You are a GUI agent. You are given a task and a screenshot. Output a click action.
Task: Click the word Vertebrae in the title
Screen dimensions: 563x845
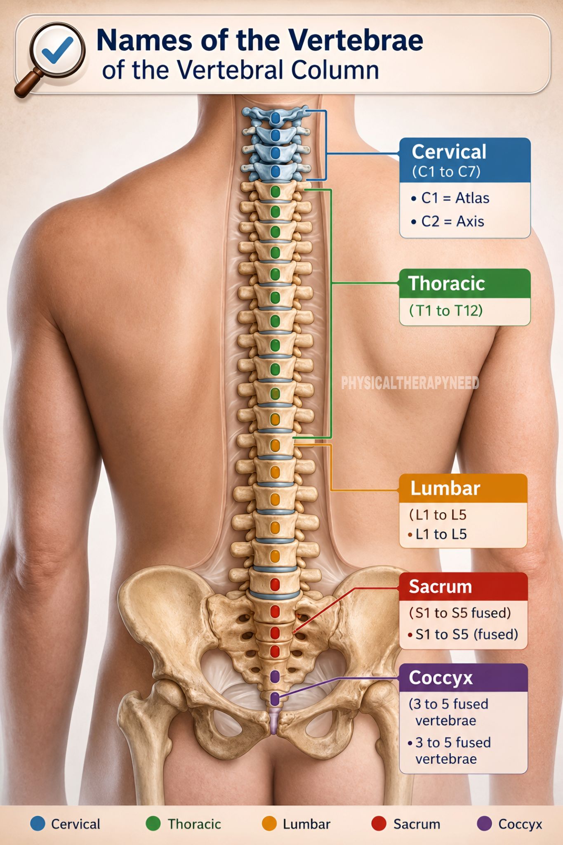tap(355, 40)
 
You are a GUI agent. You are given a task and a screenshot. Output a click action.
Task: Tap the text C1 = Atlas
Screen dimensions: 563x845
tap(450, 198)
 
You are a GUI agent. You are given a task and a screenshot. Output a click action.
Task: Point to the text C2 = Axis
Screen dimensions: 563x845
tap(448, 222)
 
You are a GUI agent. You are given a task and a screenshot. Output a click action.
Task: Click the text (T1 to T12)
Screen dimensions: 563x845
tap(446, 310)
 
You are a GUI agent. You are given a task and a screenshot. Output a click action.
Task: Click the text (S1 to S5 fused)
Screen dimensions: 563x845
tap(460, 613)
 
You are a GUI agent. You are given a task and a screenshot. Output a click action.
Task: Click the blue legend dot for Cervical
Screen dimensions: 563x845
tap(38, 824)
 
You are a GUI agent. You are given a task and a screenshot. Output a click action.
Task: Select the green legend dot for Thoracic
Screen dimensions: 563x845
tap(153, 824)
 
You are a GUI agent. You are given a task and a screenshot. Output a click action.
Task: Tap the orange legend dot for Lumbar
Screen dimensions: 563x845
tap(269, 824)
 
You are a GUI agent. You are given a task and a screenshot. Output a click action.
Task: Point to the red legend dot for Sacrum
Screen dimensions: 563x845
tap(379, 824)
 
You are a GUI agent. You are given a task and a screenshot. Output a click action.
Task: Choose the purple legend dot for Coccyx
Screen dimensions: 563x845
tap(485, 824)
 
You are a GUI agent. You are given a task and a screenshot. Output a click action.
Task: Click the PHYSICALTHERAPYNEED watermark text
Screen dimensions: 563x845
tap(410, 383)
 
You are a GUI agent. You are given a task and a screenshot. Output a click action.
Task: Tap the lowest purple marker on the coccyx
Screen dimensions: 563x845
tap(275, 699)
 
